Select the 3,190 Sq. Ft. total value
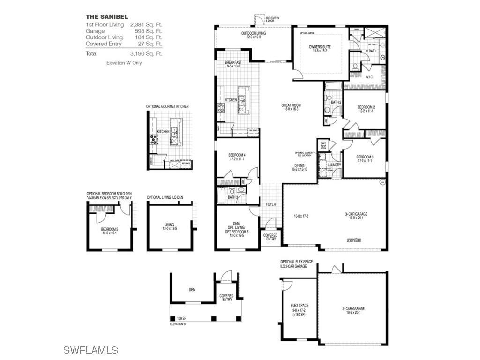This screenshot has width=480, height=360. (146, 54)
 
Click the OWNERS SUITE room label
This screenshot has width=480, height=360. (321, 47)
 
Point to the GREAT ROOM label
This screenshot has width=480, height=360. (291, 105)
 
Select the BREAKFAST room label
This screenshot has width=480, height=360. (233, 63)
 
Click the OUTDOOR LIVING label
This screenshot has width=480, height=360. (254, 34)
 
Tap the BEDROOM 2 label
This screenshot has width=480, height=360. (366, 107)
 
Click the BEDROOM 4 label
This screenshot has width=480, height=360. (237, 155)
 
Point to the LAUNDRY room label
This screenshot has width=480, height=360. (334, 165)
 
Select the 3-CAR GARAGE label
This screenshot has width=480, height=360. (356, 214)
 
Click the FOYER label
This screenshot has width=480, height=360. (271, 204)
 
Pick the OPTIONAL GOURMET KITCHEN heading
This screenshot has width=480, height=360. (167, 107)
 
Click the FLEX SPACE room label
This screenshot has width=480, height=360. (300, 306)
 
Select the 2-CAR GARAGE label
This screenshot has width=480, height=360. (353, 308)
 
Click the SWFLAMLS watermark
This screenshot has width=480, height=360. (91, 350)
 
